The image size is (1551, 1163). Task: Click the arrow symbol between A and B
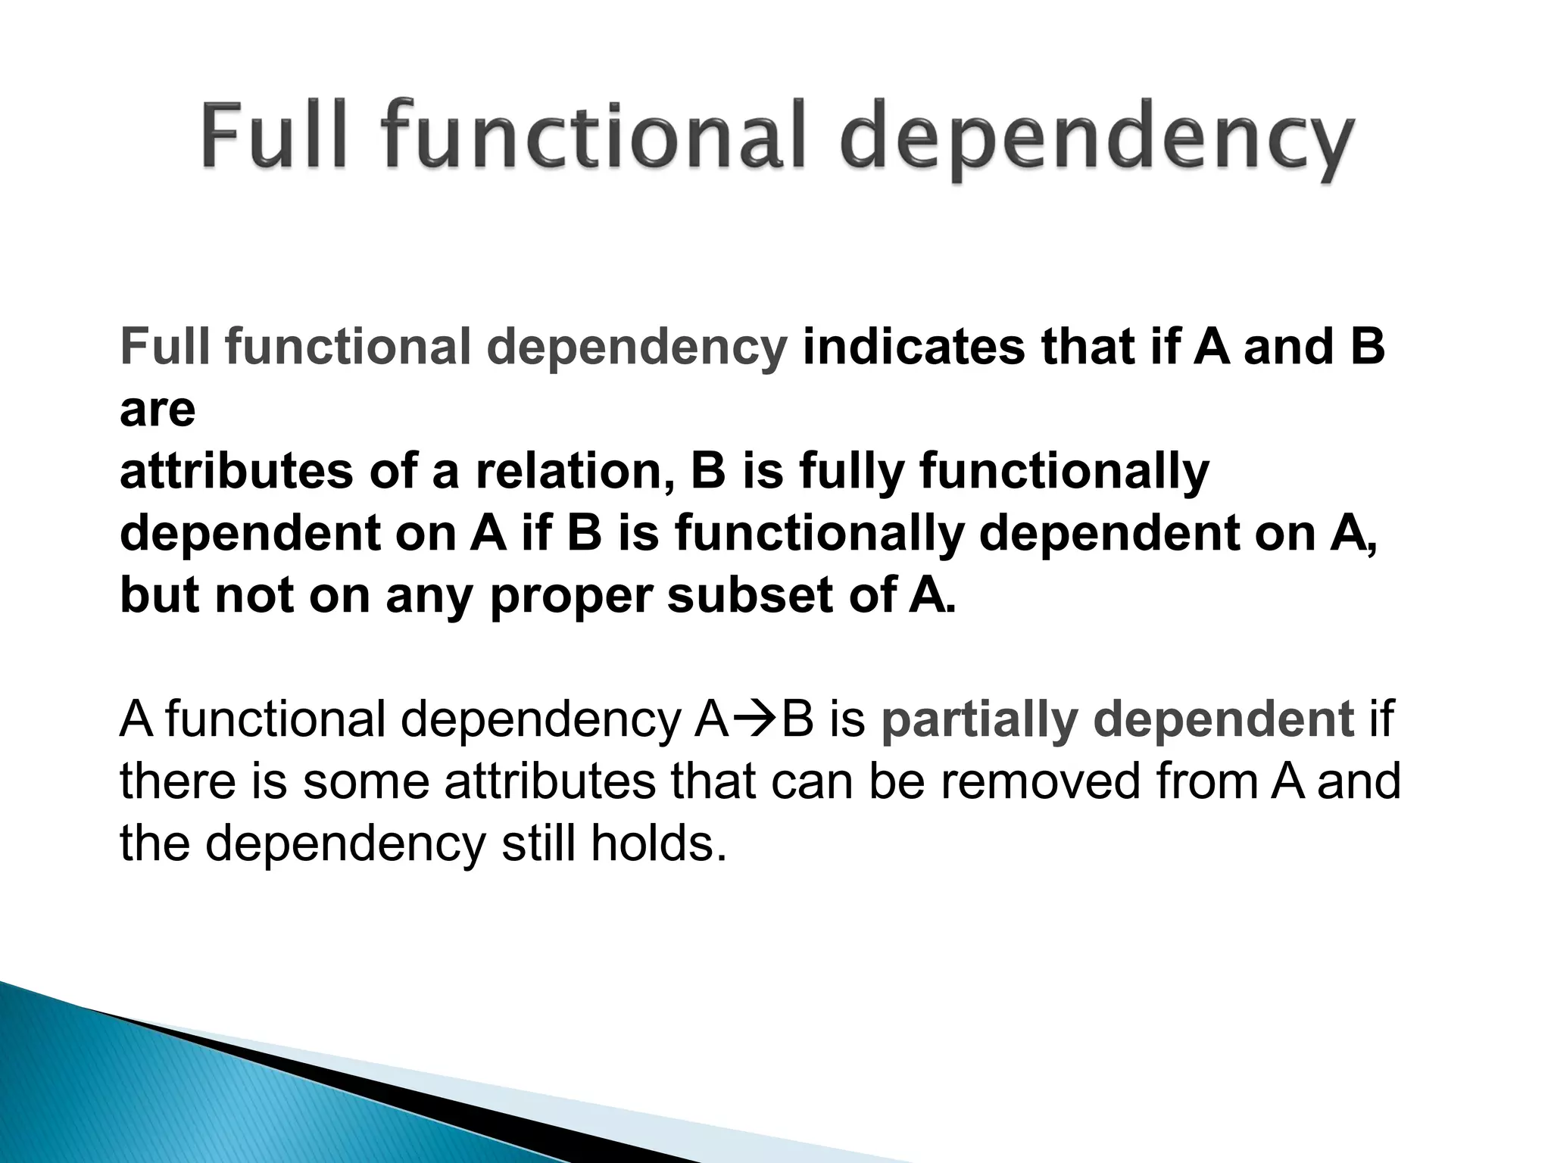tap(755, 719)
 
